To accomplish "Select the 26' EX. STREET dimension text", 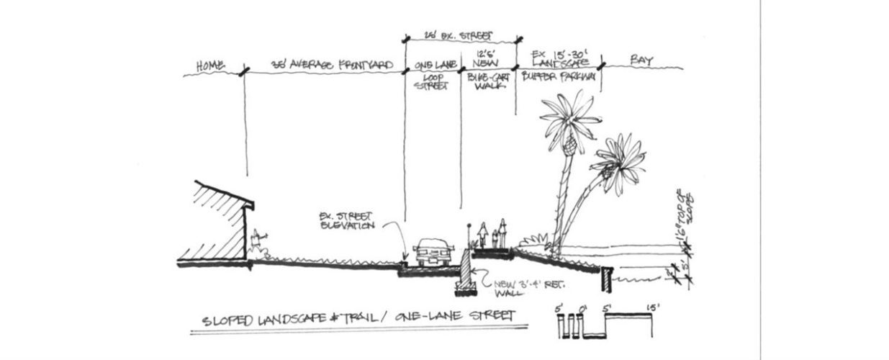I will [x=461, y=34].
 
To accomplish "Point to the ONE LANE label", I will [x=433, y=66].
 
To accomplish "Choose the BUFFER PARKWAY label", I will [x=559, y=76].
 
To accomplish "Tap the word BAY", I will [x=641, y=62].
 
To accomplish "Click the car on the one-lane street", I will [x=433, y=253].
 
